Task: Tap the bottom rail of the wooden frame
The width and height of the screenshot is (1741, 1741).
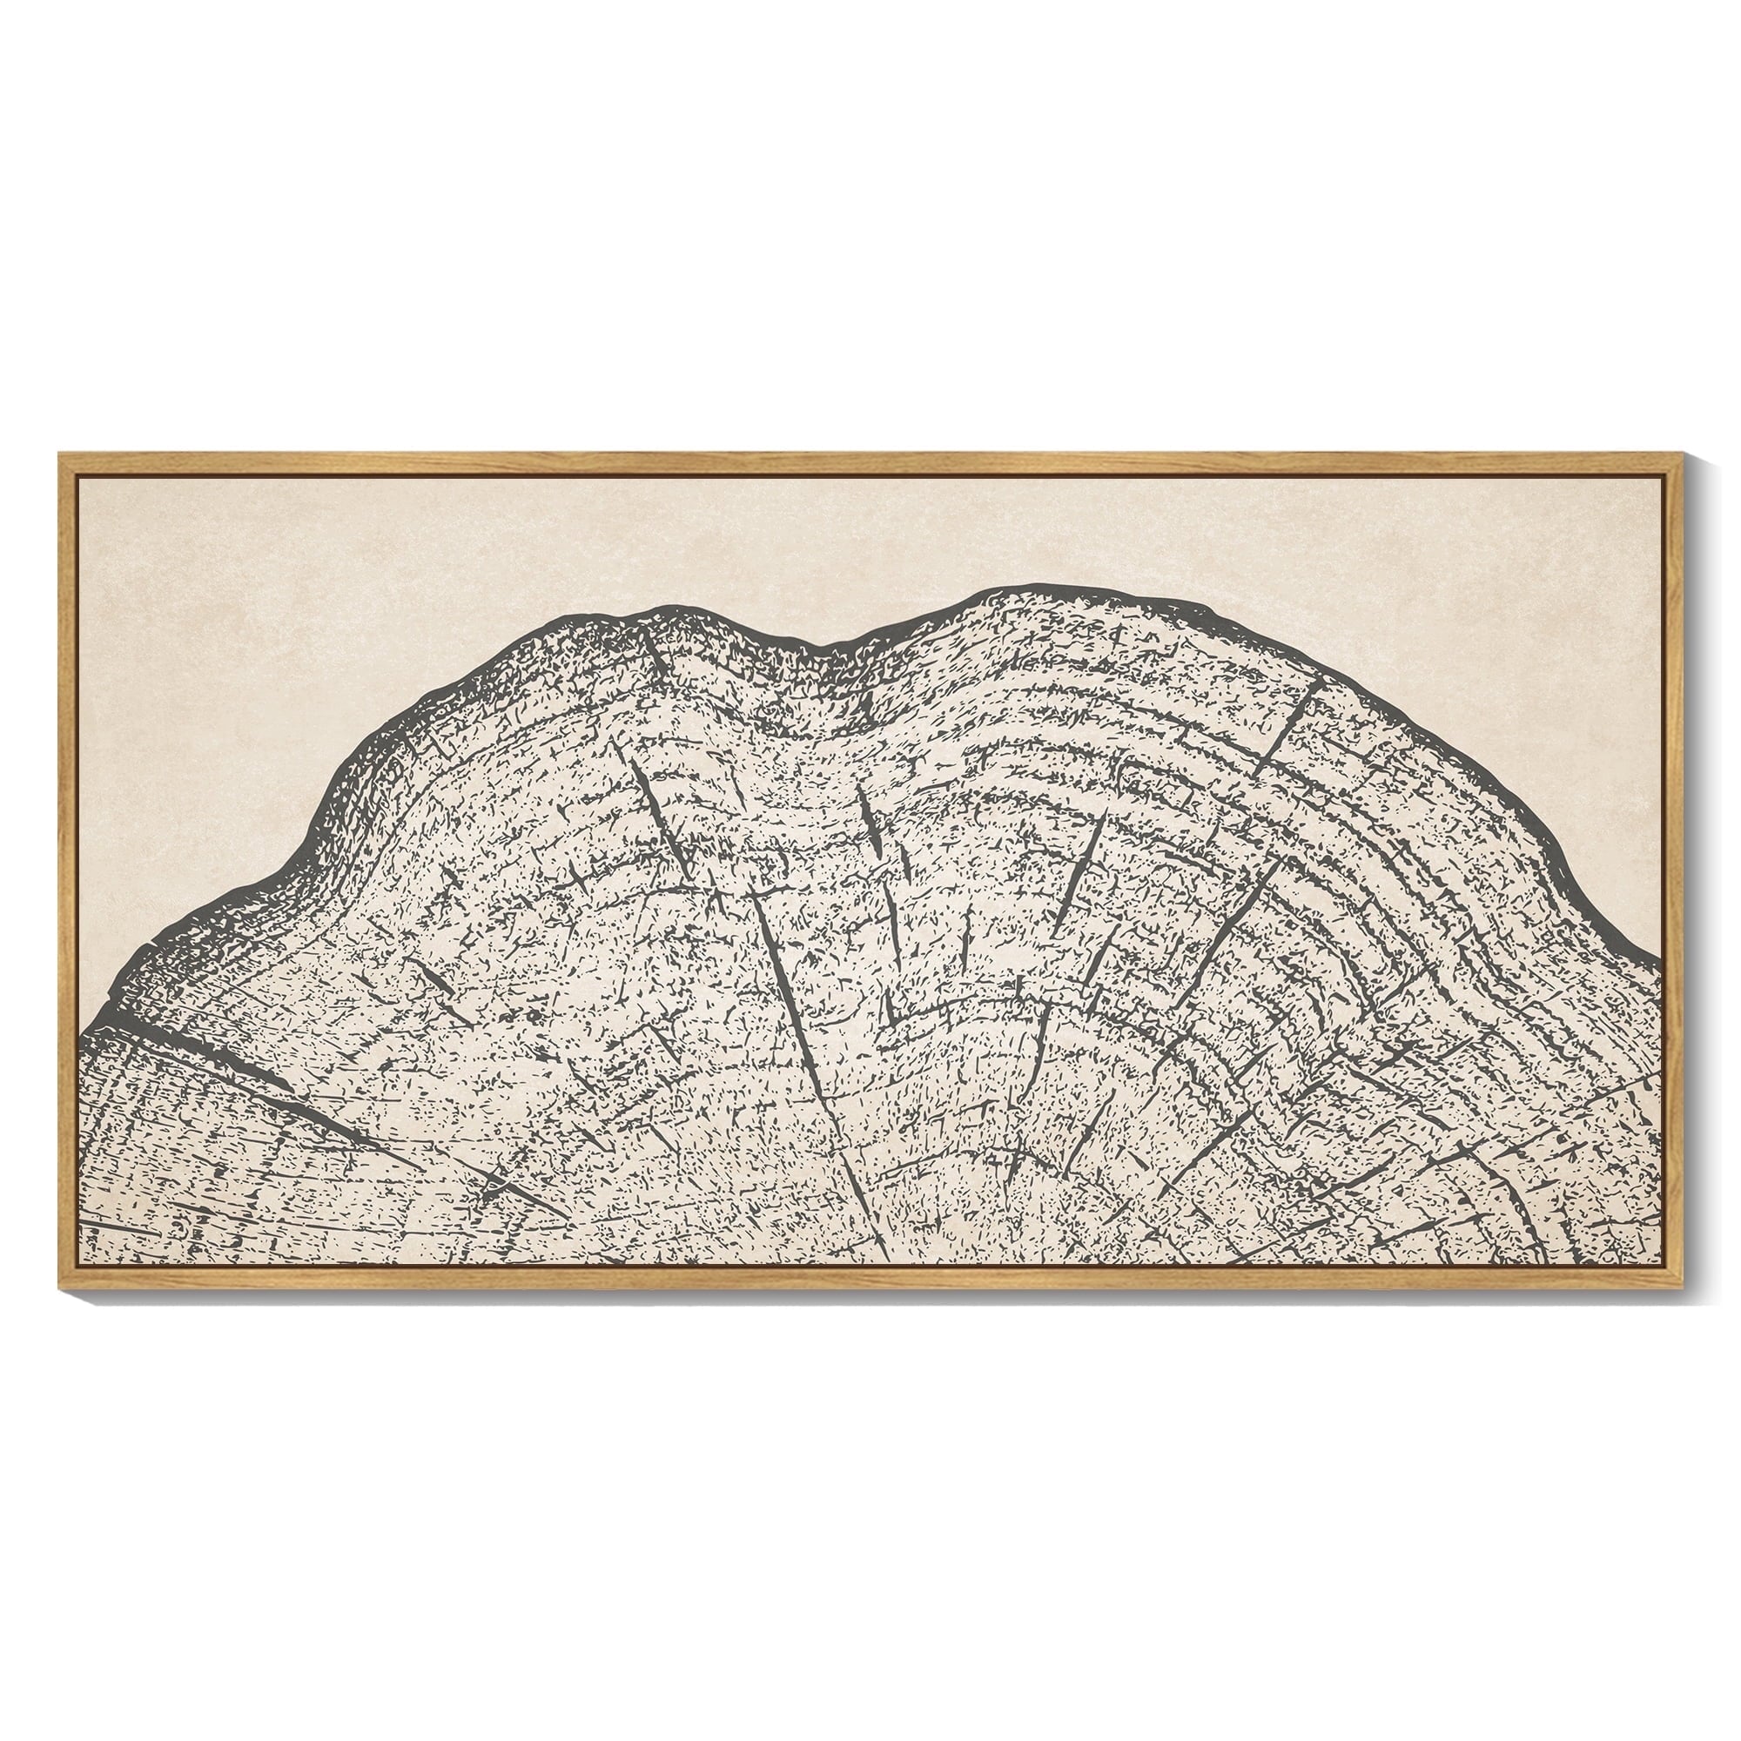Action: coord(870,1274)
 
